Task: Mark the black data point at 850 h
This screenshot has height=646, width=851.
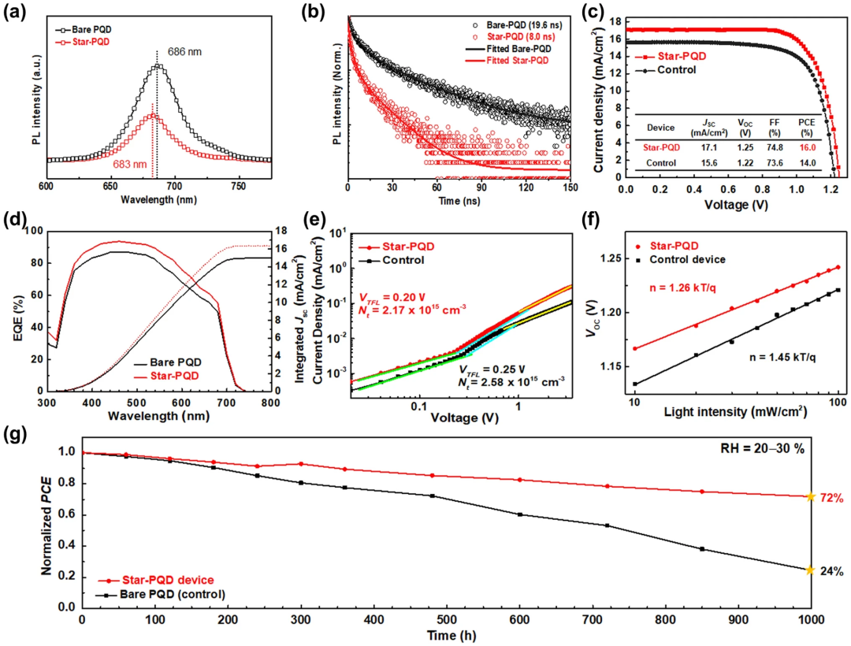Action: tap(701, 549)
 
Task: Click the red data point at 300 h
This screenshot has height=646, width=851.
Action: tap(300, 464)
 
